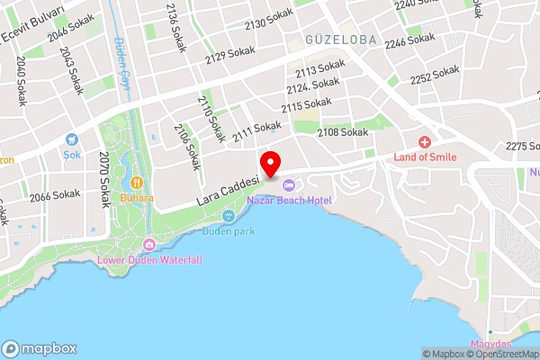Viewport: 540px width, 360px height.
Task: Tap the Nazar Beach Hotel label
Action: [x=290, y=200]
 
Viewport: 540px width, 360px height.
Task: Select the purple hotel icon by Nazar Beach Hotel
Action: [x=289, y=185]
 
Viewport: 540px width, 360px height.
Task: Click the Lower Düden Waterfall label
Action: [x=149, y=260]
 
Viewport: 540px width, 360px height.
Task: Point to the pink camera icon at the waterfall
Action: [x=149, y=245]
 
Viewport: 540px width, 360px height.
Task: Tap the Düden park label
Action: [x=229, y=230]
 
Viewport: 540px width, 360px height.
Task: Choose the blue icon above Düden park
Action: [x=229, y=216]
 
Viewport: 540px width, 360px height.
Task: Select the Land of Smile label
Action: [x=425, y=157]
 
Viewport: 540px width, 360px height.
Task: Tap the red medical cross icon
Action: [x=425, y=142]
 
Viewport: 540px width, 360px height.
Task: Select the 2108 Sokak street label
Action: [x=343, y=132]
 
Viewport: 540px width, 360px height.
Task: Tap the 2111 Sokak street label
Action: [x=257, y=132]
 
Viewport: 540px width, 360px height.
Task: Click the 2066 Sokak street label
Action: [x=55, y=194]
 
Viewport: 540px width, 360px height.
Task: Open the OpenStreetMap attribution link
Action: [x=500, y=354]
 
